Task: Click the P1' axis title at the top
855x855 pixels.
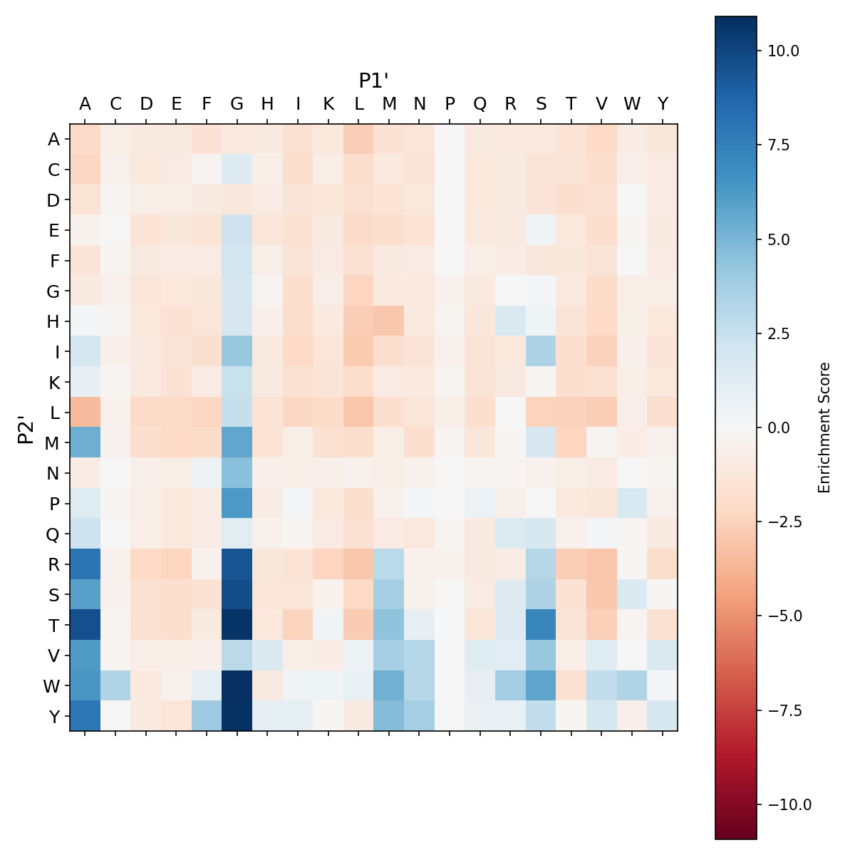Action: (373, 81)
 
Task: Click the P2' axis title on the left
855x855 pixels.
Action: (26, 427)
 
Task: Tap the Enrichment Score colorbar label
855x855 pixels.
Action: (824, 427)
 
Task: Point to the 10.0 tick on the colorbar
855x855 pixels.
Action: (783, 51)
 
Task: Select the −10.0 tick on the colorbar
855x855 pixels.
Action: (787, 804)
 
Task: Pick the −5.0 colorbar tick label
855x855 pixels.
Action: (787, 616)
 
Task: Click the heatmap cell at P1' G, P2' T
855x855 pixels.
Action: (237, 625)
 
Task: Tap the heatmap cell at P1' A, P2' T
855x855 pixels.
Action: (85, 625)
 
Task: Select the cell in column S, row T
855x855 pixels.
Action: (541, 625)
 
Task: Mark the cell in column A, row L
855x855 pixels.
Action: (85, 413)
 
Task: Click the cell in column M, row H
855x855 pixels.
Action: (389, 321)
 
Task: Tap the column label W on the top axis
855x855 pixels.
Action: (632, 104)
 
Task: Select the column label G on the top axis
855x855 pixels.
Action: (237, 104)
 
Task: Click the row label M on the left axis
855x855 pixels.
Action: (53, 443)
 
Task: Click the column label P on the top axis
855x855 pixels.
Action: (450, 104)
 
